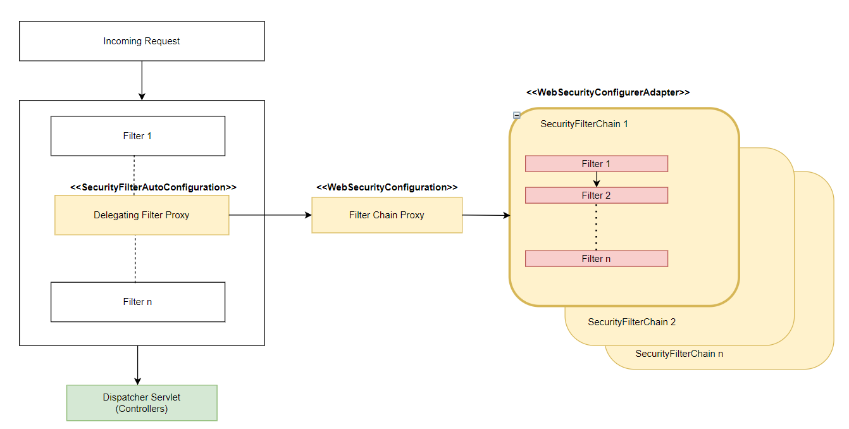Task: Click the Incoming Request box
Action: (x=142, y=41)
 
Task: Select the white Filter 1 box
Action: (x=137, y=136)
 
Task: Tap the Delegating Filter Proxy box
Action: (x=142, y=215)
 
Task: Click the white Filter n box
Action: (x=137, y=302)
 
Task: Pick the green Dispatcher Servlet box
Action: (x=142, y=402)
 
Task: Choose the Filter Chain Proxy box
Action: (x=387, y=215)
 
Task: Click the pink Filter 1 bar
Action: (x=596, y=164)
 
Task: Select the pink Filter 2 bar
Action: (x=596, y=196)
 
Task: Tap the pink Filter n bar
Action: (x=596, y=259)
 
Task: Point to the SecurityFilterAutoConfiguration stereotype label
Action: (x=153, y=187)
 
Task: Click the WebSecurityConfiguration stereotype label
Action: (x=387, y=187)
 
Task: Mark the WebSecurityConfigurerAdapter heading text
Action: (x=607, y=92)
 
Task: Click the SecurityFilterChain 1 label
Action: (x=584, y=124)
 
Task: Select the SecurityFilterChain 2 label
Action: (x=631, y=322)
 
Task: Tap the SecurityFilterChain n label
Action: (x=679, y=354)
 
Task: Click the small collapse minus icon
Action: (x=516, y=115)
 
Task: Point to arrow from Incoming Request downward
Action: (x=142, y=80)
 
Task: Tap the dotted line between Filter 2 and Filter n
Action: (x=596, y=227)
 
